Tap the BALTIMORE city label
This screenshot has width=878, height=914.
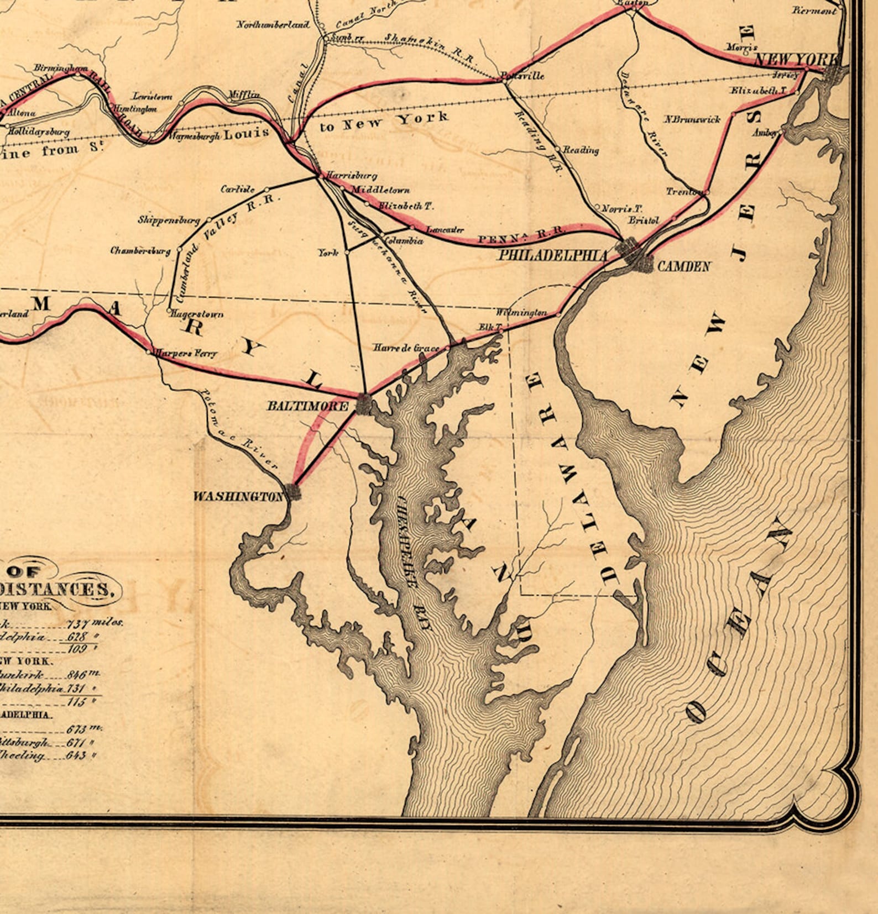tap(308, 406)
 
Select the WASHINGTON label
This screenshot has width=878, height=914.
tap(238, 496)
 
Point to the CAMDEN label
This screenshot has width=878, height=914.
tap(683, 266)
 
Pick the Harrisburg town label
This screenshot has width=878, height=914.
tap(351, 176)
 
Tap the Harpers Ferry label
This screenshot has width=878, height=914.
tap(186, 353)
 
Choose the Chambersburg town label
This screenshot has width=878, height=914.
tap(140, 250)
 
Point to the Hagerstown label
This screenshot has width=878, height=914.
tap(197, 314)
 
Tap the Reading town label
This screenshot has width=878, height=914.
tap(581, 150)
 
